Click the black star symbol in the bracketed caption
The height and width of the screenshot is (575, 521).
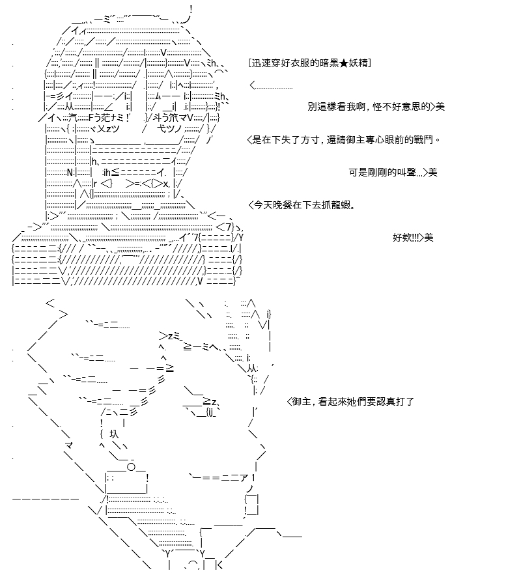344,63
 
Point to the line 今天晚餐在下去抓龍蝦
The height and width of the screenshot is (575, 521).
304,205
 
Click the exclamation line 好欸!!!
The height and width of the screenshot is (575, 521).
406,238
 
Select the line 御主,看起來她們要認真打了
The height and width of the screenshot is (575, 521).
353,402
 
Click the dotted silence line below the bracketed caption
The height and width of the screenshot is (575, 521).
274,87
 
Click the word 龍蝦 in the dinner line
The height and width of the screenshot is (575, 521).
341,205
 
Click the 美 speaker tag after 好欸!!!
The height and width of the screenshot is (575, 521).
429,238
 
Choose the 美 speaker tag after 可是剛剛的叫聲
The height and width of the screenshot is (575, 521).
432,173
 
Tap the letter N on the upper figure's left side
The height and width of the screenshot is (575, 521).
70,173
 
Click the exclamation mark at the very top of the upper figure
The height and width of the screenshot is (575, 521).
191,9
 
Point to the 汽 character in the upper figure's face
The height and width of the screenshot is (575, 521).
73,118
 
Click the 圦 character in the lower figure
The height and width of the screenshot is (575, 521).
114,434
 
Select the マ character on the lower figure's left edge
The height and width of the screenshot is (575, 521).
69,445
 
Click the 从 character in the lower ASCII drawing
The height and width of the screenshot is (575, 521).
253,369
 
